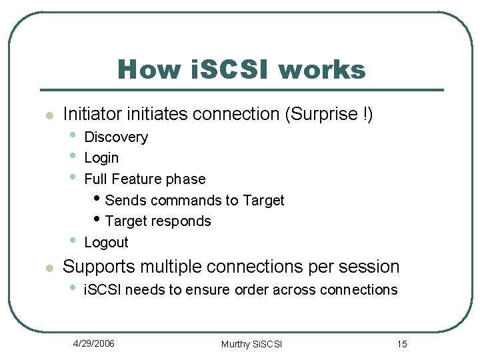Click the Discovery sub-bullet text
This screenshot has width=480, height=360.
tap(116, 137)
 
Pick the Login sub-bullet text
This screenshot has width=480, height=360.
tap(101, 158)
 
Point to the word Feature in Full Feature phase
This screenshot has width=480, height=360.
tap(138, 179)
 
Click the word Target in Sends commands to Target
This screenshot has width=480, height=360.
tap(263, 200)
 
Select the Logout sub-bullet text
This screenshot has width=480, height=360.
tap(106, 243)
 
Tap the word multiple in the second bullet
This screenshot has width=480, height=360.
tap(170, 267)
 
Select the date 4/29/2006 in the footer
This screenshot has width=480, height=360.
tap(94, 343)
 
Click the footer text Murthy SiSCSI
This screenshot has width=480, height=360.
tap(251, 344)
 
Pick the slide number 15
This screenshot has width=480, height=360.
tap(401, 344)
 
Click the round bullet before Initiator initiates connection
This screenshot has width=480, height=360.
tap(47, 115)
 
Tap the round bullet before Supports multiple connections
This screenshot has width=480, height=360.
tap(47, 268)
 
